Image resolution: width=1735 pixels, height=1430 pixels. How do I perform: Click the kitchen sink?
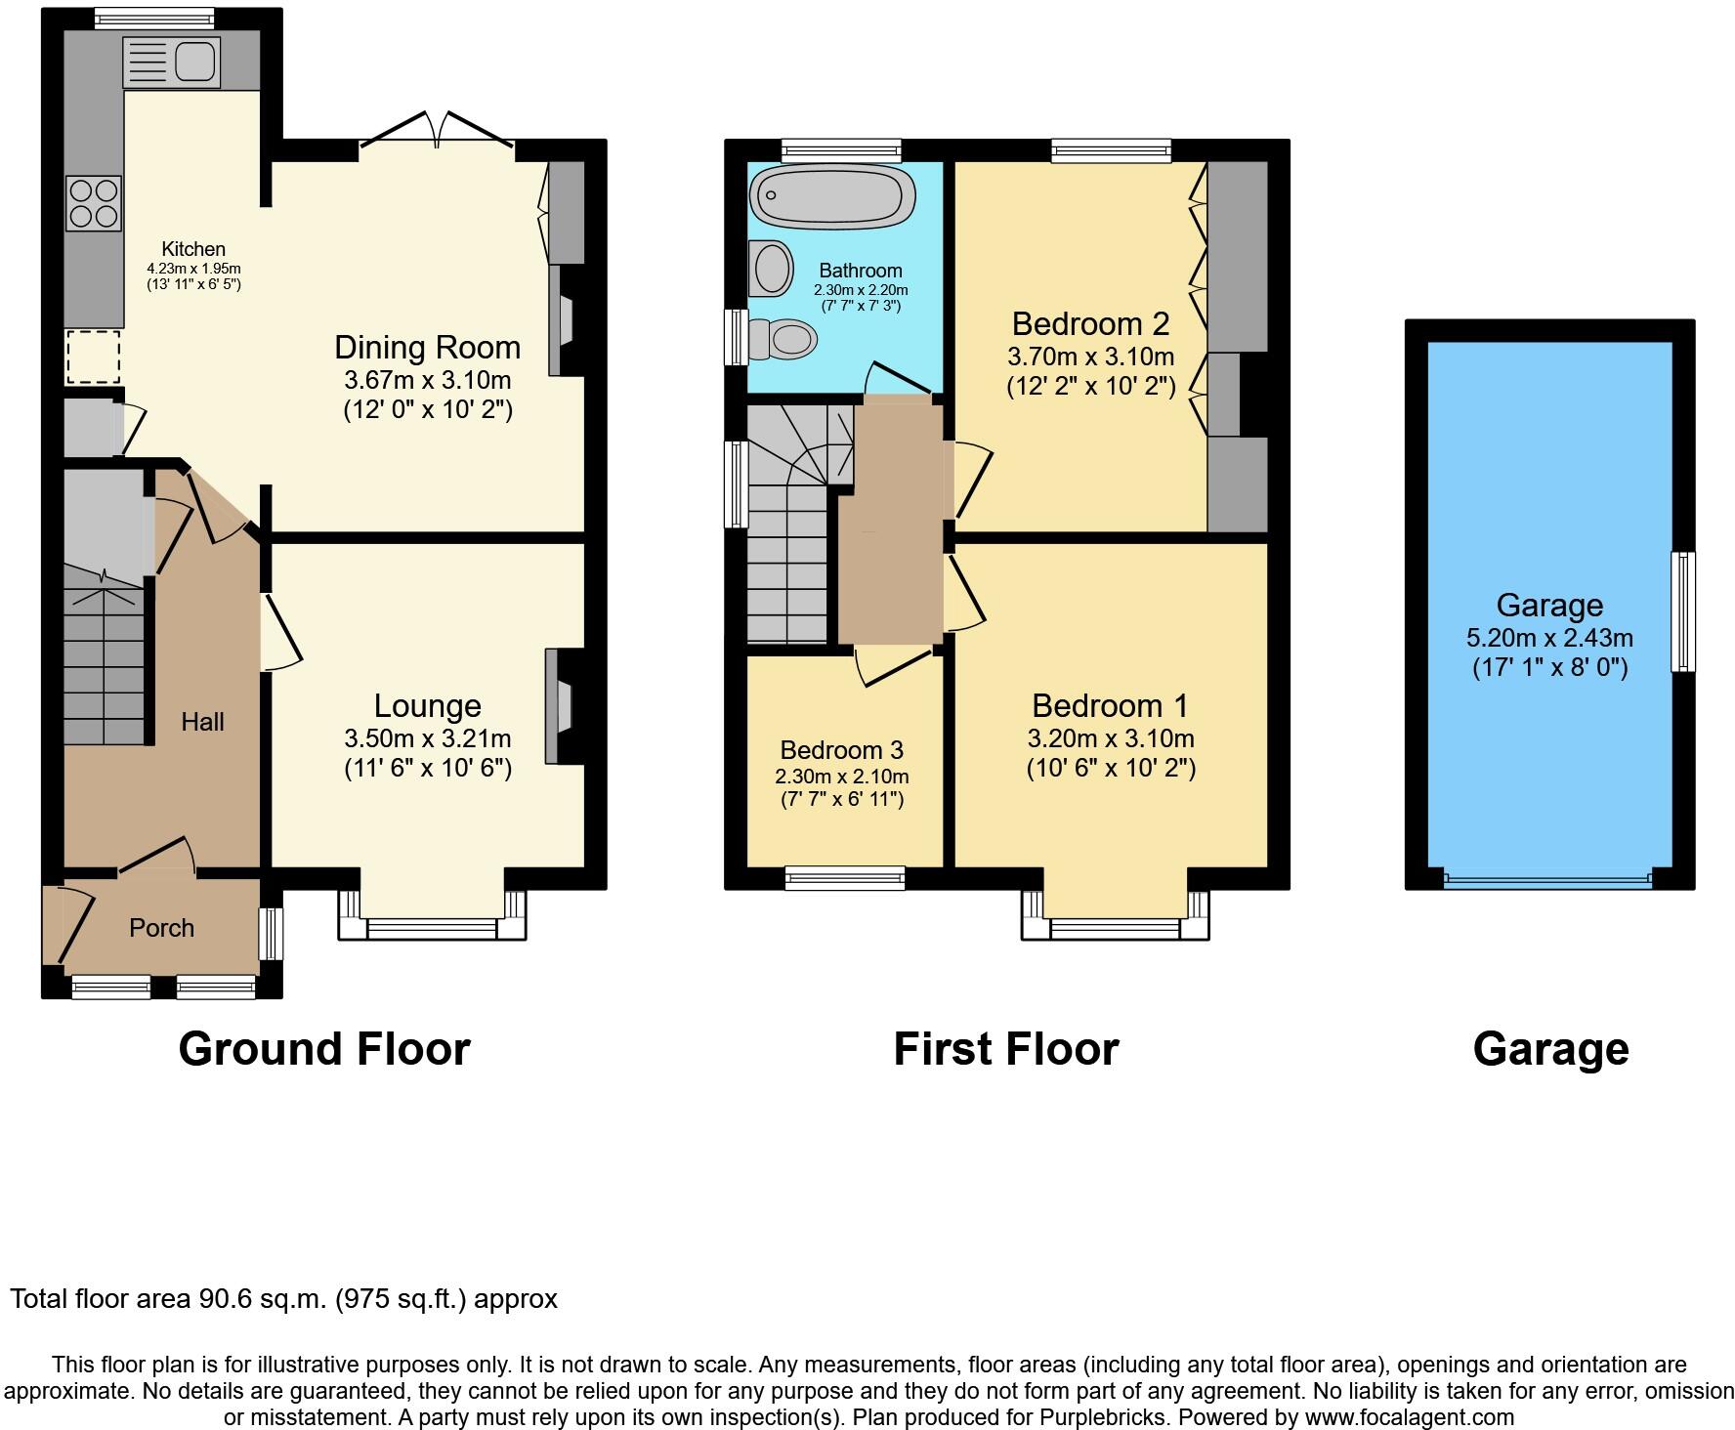[172, 63]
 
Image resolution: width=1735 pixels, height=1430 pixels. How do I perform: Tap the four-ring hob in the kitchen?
[94, 203]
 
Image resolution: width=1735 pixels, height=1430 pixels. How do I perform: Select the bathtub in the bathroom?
[832, 195]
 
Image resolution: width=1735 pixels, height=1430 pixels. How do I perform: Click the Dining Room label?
[427, 348]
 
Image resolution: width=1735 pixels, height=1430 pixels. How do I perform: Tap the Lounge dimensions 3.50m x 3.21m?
[427, 739]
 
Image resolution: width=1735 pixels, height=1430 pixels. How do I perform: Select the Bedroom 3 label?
[841, 750]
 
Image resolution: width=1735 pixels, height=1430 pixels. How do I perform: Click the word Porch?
[161, 928]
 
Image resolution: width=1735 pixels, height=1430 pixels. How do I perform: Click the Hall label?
[202, 722]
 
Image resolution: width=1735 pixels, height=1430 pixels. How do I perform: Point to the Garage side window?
[1682, 611]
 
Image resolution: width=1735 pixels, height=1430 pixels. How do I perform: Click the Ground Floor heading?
[324, 1049]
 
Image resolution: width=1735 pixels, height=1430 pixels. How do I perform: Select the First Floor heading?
[1005, 1049]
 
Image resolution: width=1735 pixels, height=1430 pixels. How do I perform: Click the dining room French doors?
[438, 131]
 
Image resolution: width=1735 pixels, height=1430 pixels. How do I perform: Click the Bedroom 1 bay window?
[1115, 928]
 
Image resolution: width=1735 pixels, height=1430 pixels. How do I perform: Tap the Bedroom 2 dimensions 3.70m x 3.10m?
[1090, 357]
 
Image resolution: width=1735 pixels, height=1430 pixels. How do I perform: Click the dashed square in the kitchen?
[94, 357]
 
